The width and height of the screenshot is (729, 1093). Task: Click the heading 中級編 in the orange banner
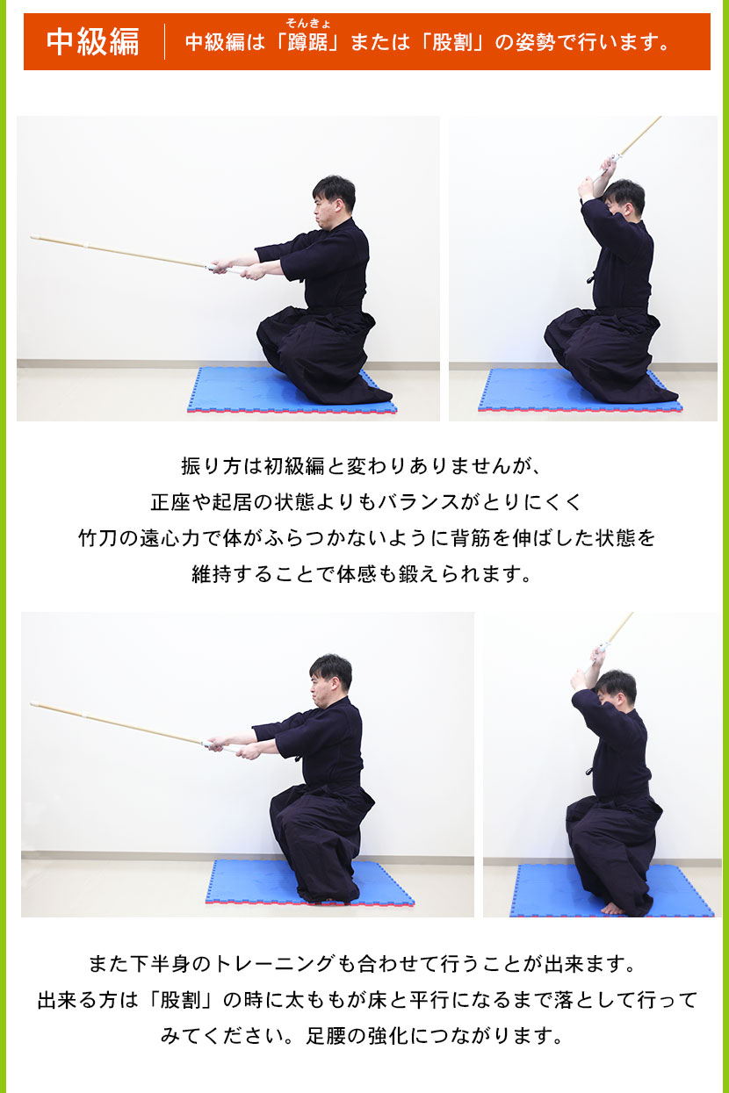pos(92,41)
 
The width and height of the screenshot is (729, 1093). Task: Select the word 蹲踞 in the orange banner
pos(307,42)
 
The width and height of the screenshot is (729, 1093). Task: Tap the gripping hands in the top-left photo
pos(234,266)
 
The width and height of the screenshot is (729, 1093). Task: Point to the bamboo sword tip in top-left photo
pos(33,237)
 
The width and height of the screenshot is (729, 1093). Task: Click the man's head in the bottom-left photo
pos(329,676)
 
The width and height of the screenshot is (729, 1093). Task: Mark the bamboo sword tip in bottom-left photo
pos(33,704)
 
